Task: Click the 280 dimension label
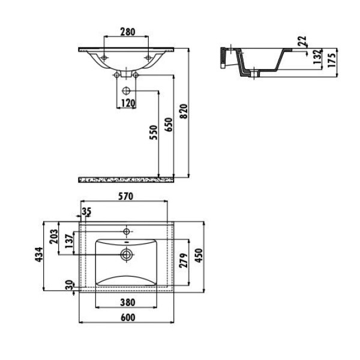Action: [x=125, y=32]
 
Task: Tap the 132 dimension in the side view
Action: [x=316, y=58]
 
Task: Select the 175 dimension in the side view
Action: [x=332, y=58]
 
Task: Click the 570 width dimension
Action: [x=124, y=196]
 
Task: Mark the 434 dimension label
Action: [x=37, y=254]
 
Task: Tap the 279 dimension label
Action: [x=184, y=259]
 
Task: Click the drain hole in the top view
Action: [x=127, y=254]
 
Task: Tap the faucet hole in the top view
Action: [x=127, y=229]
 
